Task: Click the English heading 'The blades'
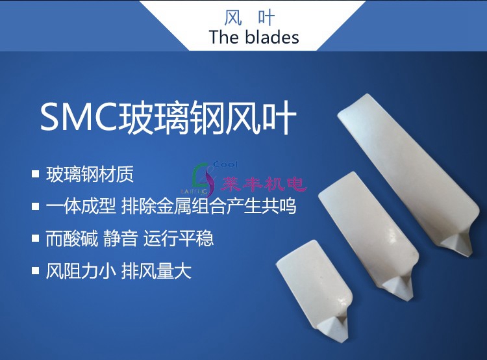tap(254, 37)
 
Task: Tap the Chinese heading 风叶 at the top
tap(249, 18)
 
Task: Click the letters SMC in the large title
tap(79, 118)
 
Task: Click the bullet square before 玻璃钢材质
tap(36, 174)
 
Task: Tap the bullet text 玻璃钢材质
tap(90, 174)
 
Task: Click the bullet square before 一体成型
tap(36, 207)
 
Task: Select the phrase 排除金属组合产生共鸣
tap(208, 206)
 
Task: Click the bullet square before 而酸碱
tap(36, 238)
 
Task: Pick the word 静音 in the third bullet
tap(121, 238)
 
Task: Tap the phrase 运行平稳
tap(179, 238)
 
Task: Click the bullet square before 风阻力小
tap(36, 271)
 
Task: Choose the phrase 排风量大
tap(156, 271)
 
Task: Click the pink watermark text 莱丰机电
tap(264, 184)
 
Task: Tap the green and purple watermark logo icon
tap(203, 179)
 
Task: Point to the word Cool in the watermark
tap(225, 164)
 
